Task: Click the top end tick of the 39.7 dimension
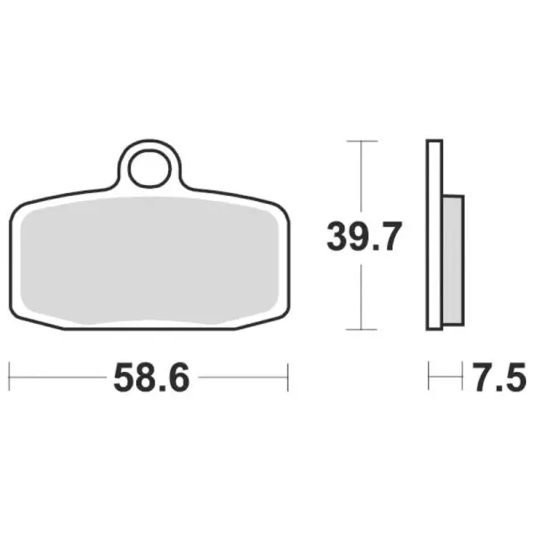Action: (360, 142)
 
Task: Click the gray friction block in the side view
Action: (452, 258)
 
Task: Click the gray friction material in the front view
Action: (147, 263)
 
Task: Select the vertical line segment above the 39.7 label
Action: (360, 178)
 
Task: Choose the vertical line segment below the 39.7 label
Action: (360, 294)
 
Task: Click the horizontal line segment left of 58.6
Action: (58, 376)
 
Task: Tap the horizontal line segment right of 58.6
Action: (240, 376)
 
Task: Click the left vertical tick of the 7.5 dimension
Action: (429, 376)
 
